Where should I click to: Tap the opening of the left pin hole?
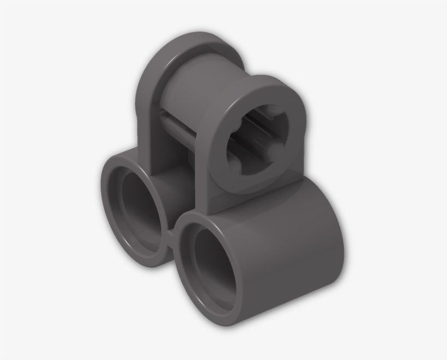coord(138,210)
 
